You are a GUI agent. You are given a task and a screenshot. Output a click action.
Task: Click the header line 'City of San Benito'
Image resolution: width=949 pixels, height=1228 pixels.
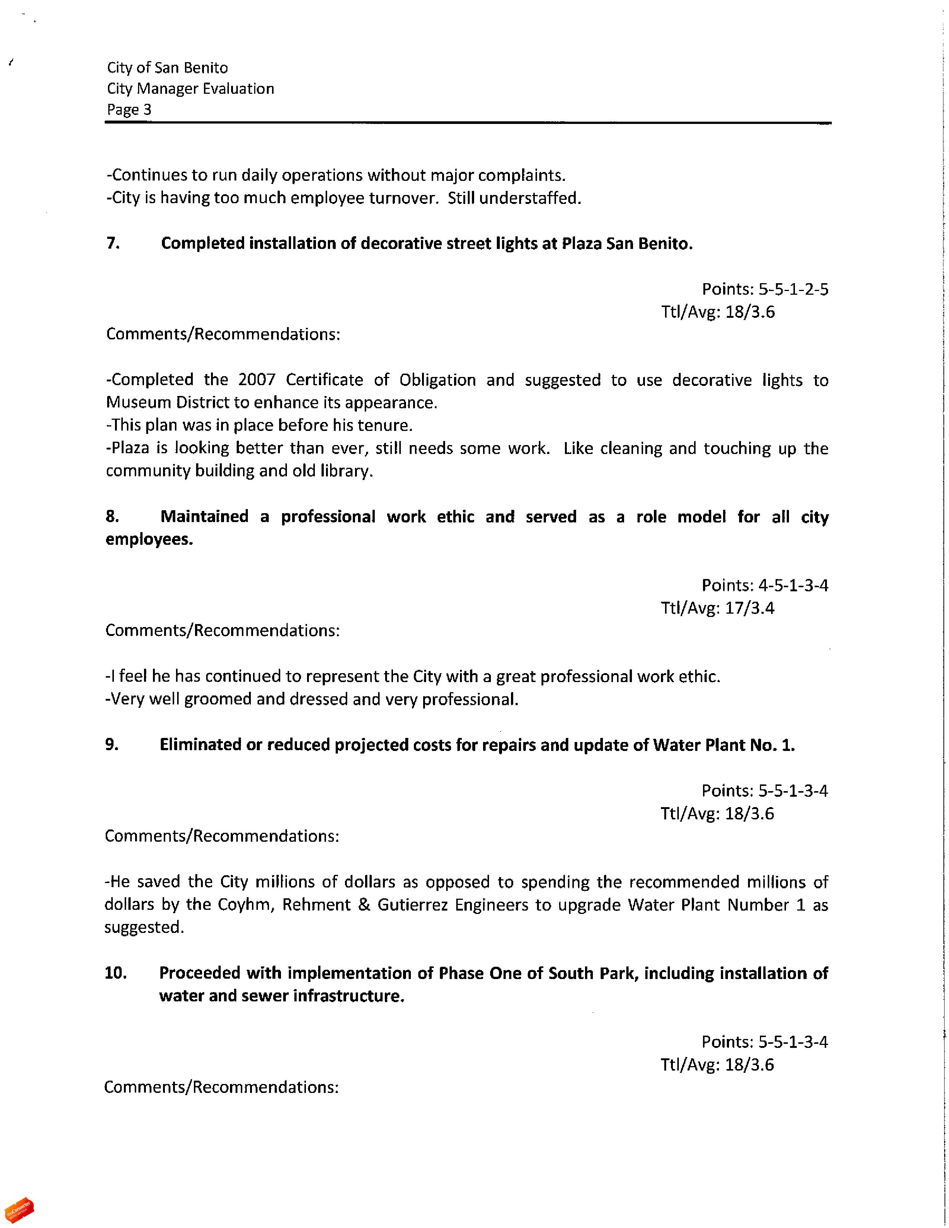coord(167,68)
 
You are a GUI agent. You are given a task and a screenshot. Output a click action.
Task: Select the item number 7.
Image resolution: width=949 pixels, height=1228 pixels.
coord(112,243)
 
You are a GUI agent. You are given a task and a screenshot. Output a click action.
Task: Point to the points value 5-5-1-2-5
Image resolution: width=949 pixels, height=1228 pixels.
coord(793,290)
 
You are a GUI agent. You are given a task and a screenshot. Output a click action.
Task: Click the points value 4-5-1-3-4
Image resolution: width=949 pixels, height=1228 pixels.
coord(793,585)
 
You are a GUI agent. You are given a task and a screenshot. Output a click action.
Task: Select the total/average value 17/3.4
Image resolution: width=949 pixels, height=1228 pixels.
coord(750,608)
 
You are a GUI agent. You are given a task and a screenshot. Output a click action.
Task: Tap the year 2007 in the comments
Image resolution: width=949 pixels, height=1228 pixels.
coord(256,380)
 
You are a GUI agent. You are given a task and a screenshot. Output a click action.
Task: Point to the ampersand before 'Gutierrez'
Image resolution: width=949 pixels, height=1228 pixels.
coord(364,905)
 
